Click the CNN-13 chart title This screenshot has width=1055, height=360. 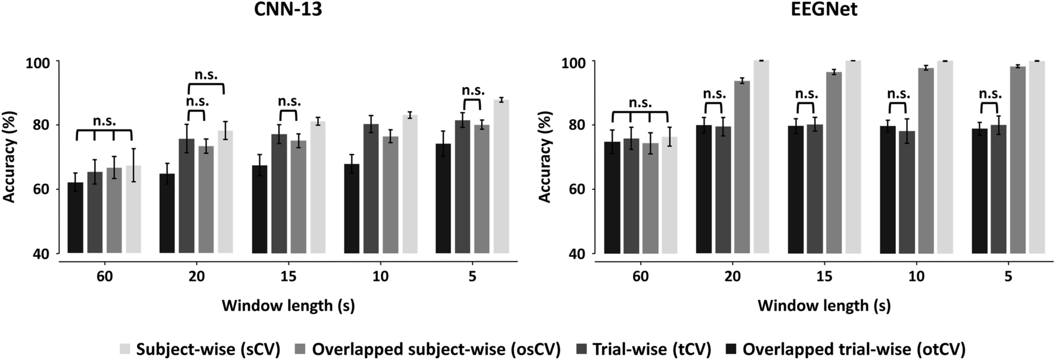pyautogui.click(x=288, y=10)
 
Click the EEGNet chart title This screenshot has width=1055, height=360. pyautogui.click(x=824, y=10)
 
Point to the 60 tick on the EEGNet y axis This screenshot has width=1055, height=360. pyautogui.click(x=577, y=189)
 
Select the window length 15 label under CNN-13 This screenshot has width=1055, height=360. pyautogui.click(x=288, y=277)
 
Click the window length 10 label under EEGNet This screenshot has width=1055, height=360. pyautogui.click(x=916, y=277)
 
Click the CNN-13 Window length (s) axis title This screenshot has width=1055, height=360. pyautogui.click(x=288, y=306)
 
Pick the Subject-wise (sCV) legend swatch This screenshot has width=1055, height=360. pyautogui.click(x=125, y=349)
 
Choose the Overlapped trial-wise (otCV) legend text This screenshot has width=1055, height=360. pyautogui.click(x=854, y=349)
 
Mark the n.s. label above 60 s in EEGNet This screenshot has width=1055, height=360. pyautogui.click(x=640, y=103)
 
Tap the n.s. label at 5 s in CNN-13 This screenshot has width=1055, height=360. pyautogui.click(x=473, y=91)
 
